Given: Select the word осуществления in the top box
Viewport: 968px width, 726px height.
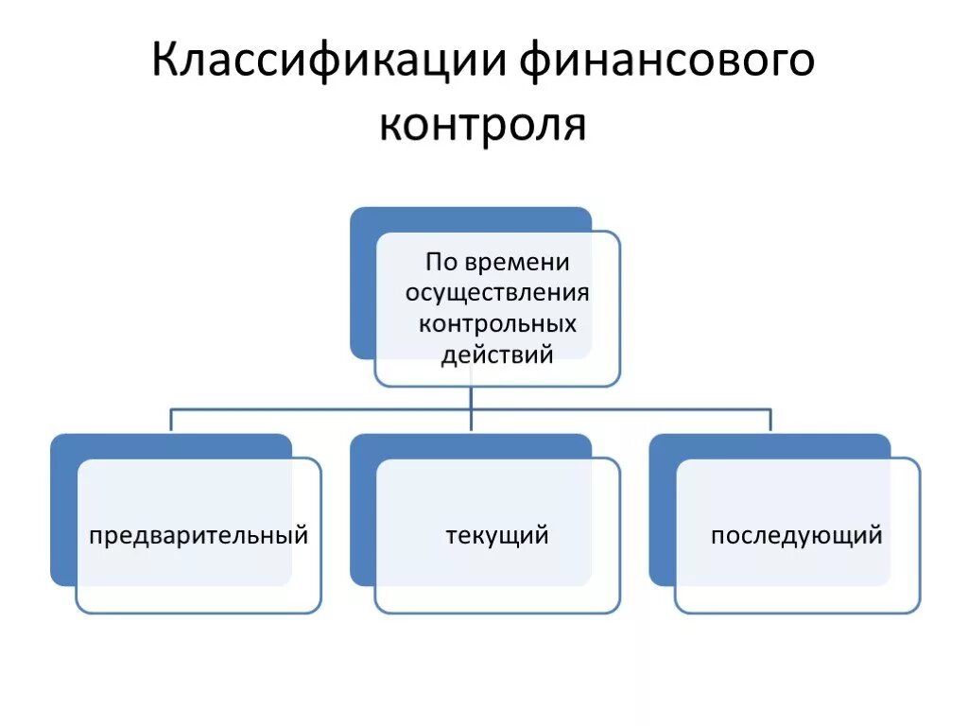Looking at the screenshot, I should pos(497,292).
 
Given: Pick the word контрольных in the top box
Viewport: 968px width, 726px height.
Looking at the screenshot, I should pos(497,323).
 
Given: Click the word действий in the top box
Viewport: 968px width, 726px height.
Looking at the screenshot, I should pos(497,354).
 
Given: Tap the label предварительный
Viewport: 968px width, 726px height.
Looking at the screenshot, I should pos(199,536).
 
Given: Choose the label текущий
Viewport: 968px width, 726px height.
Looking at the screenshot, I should pos(497,536).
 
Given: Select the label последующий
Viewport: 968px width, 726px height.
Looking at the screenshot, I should pos(797,536).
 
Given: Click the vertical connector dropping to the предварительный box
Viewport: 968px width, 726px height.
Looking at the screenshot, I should pos(171,421).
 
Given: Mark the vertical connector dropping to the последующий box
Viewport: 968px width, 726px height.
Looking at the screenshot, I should pos(769,421).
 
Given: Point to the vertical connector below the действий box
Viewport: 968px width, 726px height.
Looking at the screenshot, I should pos(471,398).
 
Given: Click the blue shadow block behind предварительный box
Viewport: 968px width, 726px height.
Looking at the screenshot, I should pos(62,510).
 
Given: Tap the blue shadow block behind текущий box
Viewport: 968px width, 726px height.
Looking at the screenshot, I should pos(362,510).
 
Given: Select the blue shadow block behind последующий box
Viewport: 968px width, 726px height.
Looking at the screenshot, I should pos(662,510).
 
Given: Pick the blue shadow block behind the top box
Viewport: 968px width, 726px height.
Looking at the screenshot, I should pos(362,284).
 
